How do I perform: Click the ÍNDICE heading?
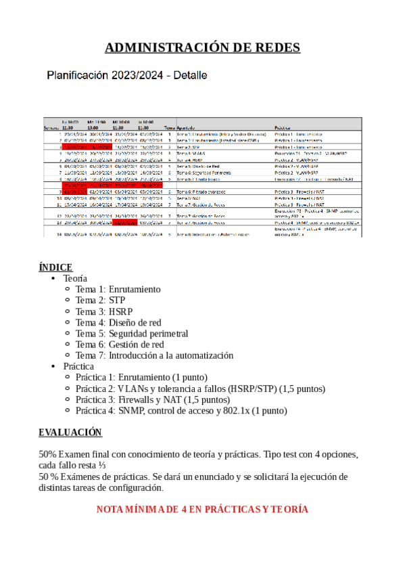[x=55, y=267]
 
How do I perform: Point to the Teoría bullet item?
[x=75, y=278]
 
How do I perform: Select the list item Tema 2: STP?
[x=99, y=300]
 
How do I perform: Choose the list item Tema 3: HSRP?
[x=104, y=311]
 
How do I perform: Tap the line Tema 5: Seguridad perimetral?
[x=131, y=333]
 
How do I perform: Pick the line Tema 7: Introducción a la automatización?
[x=154, y=355]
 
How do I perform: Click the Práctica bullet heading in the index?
[x=78, y=366]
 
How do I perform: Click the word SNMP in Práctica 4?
[x=131, y=410]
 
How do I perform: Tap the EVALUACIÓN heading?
[x=70, y=432]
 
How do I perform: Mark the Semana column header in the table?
[x=51, y=127]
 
